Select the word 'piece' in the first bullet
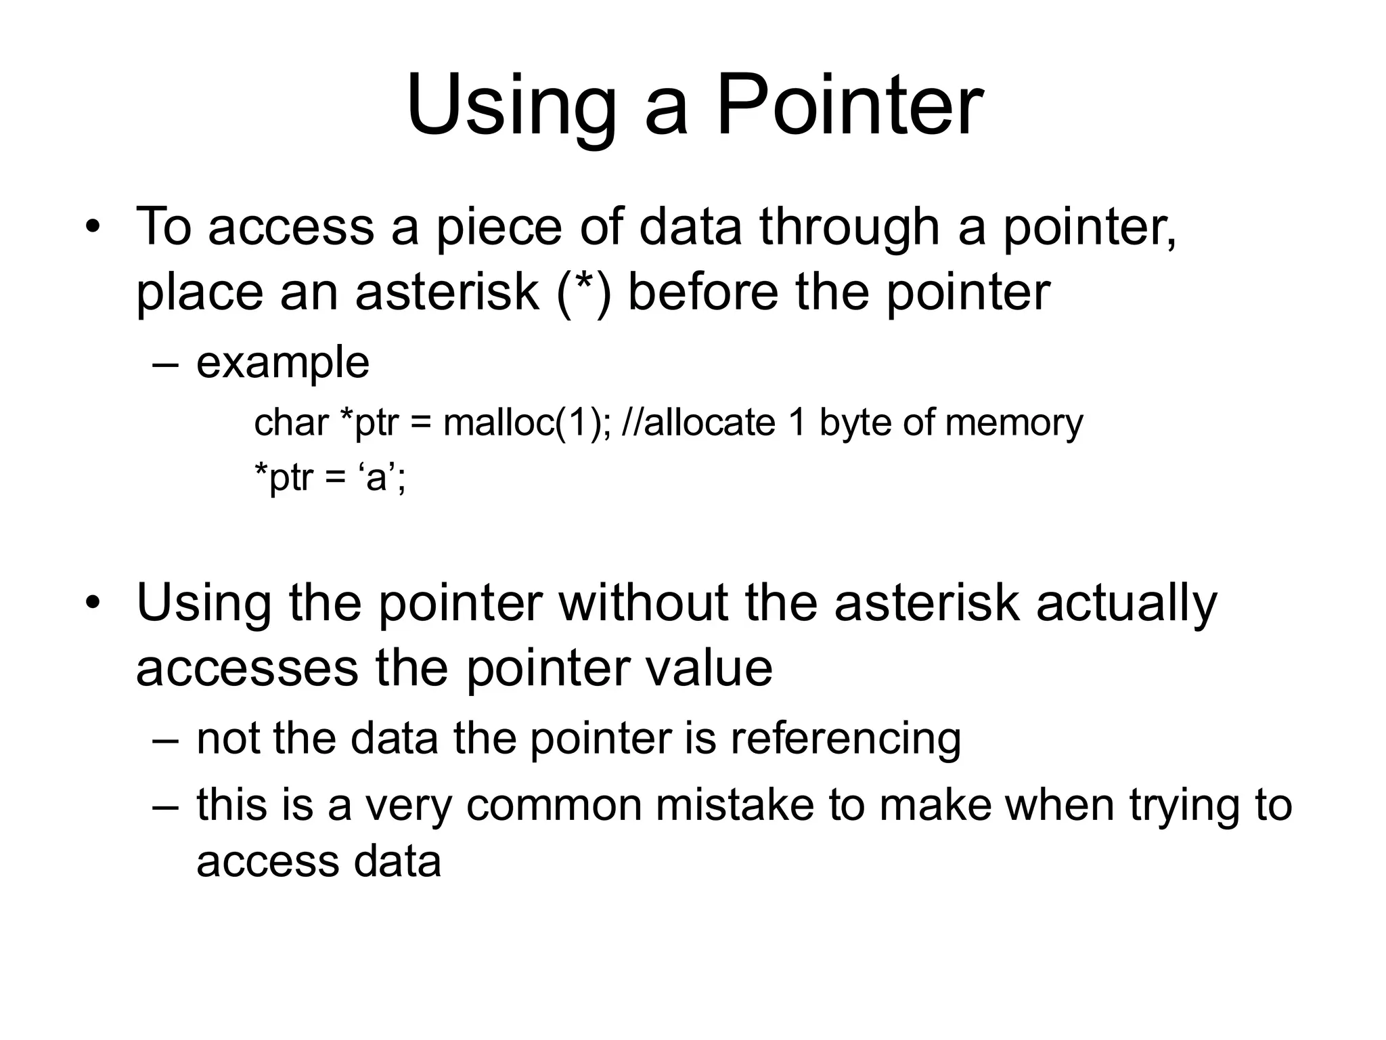(498, 229)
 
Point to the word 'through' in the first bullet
(849, 229)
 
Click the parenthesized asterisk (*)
(585, 292)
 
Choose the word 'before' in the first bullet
(704, 292)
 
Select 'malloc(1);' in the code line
(526, 423)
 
